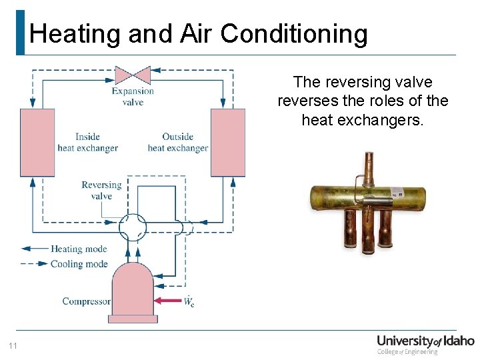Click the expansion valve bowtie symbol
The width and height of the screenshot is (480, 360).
coord(133,74)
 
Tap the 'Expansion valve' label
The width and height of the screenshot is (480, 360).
coord(133,97)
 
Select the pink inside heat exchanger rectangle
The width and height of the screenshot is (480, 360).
coord(37,142)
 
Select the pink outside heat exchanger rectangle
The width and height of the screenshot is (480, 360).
coord(228,142)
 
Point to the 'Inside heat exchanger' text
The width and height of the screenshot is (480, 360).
coord(87,143)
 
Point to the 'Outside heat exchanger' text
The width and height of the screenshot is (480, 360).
coord(178,143)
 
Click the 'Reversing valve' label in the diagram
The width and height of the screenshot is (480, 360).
coord(101,191)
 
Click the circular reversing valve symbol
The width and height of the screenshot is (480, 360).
coord(133,228)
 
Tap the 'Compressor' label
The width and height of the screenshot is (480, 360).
coord(86,301)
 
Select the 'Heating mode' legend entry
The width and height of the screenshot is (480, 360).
coord(79,249)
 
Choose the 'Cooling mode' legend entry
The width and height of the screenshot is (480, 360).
coord(79,264)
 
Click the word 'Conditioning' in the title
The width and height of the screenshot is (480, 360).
coord(294,33)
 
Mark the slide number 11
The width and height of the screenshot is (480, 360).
coord(13,345)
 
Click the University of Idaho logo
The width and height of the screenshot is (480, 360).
coord(425,344)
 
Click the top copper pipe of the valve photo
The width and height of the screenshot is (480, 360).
coord(367,167)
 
